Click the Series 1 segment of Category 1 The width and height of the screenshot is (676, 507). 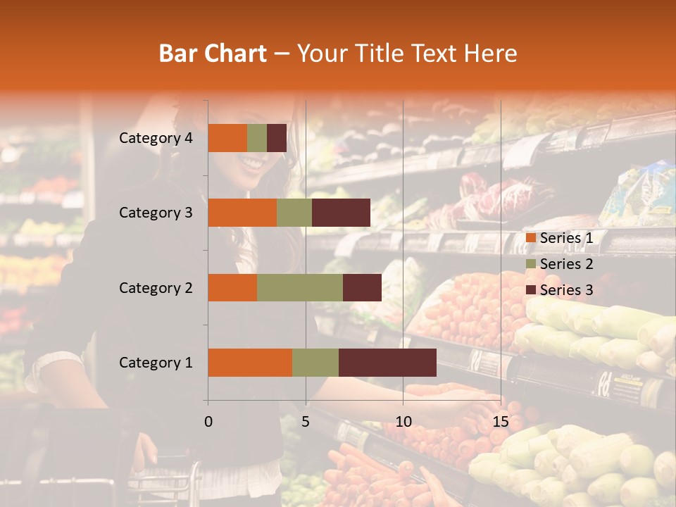coord(250,362)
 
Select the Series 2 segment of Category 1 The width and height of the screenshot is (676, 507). coord(315,362)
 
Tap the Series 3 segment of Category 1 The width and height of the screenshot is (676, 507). coord(387,362)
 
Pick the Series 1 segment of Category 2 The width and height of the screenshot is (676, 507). coord(232,287)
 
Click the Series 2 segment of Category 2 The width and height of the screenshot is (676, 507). coord(300,287)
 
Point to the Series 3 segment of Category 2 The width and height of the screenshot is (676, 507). coord(362,287)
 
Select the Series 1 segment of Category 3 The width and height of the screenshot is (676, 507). coord(242,213)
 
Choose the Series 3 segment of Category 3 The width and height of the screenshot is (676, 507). coord(341,213)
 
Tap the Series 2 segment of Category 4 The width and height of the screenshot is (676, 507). coord(257,138)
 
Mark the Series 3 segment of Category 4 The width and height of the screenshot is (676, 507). coord(277,138)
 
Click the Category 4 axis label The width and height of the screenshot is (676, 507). coord(156,138)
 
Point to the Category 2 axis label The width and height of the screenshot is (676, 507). coord(156,287)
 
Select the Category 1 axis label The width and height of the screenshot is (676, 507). coord(156,363)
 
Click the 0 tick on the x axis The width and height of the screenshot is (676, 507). coord(208,422)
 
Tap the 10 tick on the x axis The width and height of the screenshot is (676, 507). coord(403,422)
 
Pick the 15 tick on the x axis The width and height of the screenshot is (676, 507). coord(500,422)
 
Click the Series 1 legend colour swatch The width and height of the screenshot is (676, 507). coord(531,238)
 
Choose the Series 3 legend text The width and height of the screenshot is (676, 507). coord(566,290)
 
